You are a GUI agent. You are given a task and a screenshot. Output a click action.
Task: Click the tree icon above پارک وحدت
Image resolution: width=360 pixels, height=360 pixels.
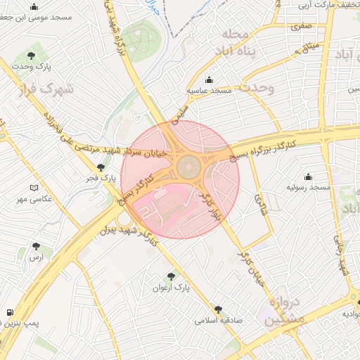[31, 55]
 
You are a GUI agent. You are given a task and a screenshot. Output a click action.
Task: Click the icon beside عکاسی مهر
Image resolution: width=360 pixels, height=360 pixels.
[34, 188]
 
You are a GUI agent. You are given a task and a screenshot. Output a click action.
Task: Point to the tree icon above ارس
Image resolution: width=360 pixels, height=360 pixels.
[36, 246]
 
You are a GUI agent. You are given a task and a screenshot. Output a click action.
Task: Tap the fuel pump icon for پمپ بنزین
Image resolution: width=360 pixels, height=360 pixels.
[9, 313]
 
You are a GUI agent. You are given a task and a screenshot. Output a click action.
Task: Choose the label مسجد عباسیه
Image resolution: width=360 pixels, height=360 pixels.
[209, 91]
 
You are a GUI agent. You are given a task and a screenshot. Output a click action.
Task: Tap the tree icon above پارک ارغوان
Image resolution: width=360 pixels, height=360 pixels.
[172, 277]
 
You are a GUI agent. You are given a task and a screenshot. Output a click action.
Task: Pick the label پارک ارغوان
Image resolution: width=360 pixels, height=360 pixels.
[172, 288]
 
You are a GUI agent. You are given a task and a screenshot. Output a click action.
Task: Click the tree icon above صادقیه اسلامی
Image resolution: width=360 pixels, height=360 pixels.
[218, 309]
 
